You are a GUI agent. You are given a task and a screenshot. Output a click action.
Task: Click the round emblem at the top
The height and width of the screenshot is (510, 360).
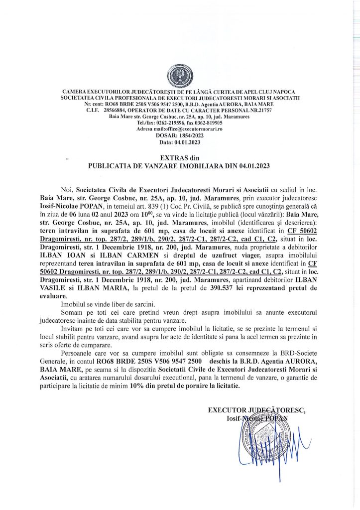click(x=180, y=76)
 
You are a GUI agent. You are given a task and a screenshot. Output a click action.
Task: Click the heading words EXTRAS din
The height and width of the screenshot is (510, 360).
click(x=180, y=157)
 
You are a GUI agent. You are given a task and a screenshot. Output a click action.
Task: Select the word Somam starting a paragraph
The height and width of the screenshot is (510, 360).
click(x=72, y=311)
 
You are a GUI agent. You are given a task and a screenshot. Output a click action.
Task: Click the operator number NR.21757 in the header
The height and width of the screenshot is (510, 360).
click(x=261, y=111)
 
